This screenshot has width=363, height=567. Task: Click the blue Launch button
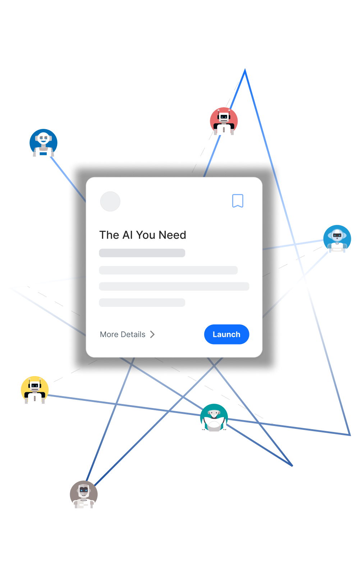tap(226, 334)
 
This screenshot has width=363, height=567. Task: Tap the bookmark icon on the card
tap(238, 201)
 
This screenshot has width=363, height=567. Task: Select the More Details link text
tap(123, 334)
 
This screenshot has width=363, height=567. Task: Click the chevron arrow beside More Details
tap(152, 334)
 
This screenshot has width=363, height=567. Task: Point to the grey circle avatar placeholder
tap(110, 201)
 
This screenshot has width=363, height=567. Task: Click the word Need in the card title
tap(173, 235)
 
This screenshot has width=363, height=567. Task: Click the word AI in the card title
tap(128, 235)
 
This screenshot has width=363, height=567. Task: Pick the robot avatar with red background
tap(224, 121)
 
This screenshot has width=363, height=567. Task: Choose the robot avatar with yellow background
tap(35, 390)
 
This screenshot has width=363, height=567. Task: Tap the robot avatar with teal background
tap(214, 418)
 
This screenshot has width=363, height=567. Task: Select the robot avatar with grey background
tap(84, 495)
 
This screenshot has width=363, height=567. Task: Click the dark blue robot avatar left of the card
tap(43, 143)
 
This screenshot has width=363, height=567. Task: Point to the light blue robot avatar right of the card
tap(337, 239)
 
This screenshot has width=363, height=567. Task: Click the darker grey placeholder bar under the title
tap(142, 253)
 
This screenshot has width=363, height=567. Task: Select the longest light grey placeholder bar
tap(174, 286)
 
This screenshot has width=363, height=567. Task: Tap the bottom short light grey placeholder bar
tap(142, 303)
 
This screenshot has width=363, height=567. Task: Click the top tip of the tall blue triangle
tap(245, 70)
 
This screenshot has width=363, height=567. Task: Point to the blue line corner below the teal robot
tap(292, 465)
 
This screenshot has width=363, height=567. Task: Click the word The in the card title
tap(109, 235)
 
